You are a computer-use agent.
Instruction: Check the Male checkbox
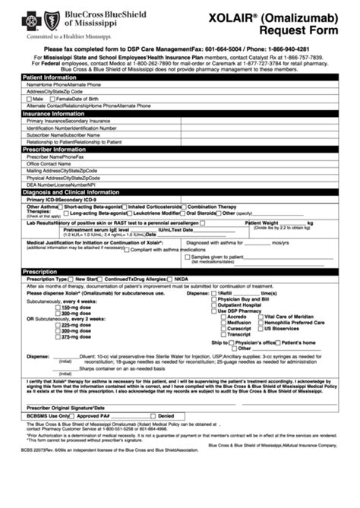pyautogui.click(x=29, y=99)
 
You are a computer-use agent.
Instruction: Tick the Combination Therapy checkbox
pyautogui.click(x=185, y=207)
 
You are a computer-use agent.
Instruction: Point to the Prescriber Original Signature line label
pyautogui.click(x=68, y=409)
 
